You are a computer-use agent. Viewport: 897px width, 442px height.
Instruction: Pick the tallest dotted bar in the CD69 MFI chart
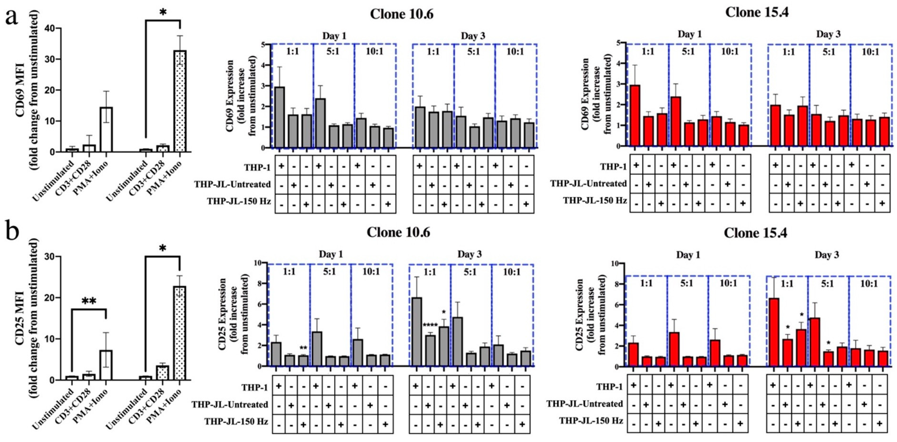tap(180, 101)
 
